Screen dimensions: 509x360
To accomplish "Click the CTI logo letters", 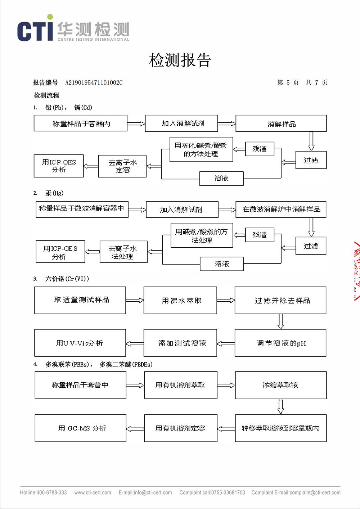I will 35,31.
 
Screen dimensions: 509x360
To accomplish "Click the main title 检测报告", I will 180,60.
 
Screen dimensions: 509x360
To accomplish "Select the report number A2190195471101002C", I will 94,83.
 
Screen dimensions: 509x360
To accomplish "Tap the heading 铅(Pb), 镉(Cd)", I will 68,107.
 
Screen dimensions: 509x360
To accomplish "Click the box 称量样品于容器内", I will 81,123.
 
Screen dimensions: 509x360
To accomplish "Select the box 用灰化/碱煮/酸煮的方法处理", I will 201,149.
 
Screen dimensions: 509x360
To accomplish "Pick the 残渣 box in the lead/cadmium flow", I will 260,149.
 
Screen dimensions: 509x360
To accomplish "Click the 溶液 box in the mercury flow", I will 222,264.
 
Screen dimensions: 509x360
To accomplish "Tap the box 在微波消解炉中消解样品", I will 281,210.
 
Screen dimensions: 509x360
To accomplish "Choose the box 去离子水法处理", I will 123,252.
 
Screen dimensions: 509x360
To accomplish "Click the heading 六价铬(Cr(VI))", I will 67,279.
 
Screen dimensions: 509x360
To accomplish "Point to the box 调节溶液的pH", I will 280,343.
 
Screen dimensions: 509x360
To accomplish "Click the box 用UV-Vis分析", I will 80,343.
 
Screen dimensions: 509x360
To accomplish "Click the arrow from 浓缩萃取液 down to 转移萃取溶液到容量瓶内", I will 281,407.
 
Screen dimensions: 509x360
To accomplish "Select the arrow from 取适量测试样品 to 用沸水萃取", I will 135,300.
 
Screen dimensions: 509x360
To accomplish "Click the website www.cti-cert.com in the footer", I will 93,492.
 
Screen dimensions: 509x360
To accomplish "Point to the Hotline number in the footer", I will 44,492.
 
